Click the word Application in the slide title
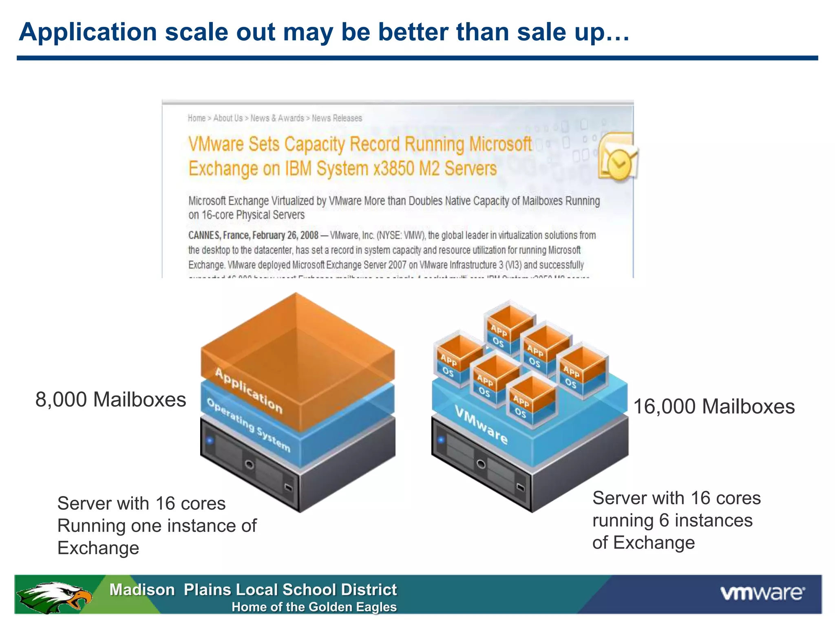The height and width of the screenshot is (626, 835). click(88, 32)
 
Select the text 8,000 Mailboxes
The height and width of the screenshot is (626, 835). click(110, 399)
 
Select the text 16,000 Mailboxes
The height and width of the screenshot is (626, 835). click(714, 407)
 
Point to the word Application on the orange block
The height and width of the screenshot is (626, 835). click(248, 390)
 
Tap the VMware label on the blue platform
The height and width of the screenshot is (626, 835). click(481, 425)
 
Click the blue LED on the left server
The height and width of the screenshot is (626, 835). click(210, 440)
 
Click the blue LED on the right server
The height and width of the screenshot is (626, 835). click(441, 440)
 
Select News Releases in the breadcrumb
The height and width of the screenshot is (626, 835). click(337, 118)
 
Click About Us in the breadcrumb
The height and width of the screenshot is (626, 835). click(228, 118)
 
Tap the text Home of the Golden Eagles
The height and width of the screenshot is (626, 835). click(314, 607)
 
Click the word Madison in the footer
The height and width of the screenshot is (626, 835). click(142, 590)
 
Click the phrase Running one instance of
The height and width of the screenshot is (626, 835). click(157, 526)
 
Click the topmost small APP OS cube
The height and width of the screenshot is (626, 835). click(508, 326)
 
